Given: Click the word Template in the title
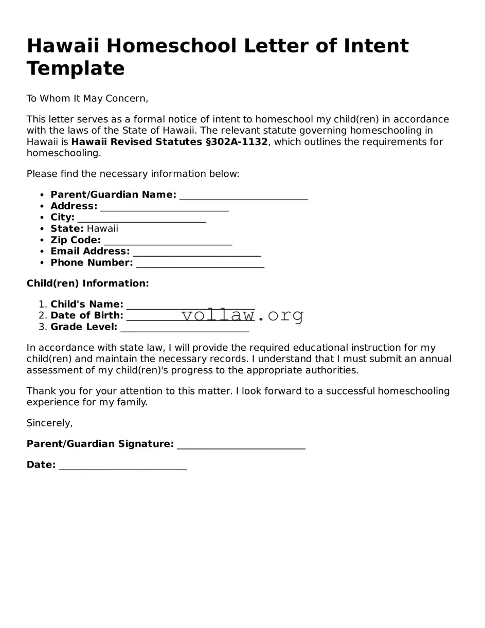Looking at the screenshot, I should coord(76,68).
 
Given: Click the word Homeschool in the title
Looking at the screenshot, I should coord(172,46).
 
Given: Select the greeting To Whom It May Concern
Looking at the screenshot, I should coord(87,98).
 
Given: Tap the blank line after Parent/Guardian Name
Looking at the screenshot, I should coord(243,196).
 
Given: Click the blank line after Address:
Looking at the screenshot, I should coord(165,207).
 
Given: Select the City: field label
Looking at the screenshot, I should coord(62,218).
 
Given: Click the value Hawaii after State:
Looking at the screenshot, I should coord(102,229).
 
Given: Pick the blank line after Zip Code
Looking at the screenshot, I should coord(168,241).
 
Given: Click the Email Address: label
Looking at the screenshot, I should coord(90,252).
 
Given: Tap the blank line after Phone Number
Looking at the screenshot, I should coord(200,264).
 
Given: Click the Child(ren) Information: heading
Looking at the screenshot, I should coord(87,283).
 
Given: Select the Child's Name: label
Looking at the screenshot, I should coord(86,304).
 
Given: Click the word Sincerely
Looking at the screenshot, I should coord(49,423).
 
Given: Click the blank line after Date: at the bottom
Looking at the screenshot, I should coord(122,466).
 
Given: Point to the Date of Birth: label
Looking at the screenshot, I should coord(86,316).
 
